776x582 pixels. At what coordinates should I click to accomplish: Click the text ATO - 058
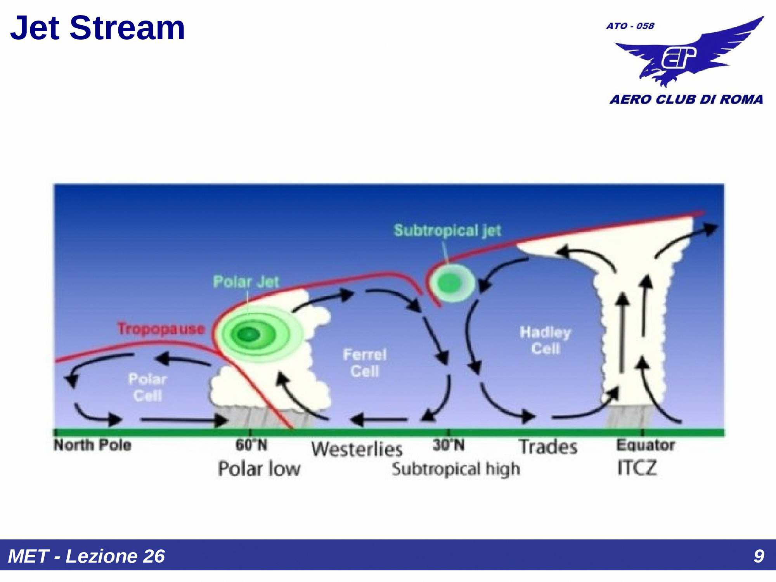coord(630,26)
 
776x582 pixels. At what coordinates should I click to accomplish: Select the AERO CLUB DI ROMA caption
coord(686,99)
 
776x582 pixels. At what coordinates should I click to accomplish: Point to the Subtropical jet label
coord(447,230)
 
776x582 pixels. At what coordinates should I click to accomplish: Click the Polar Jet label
coord(246,281)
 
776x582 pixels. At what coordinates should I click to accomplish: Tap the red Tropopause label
coord(161,329)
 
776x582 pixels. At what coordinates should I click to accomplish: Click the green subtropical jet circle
coord(452,283)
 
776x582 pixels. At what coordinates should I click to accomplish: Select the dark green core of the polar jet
coord(248,334)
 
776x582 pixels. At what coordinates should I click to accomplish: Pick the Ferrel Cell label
coord(365,363)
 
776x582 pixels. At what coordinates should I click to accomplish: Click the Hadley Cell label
coord(546,340)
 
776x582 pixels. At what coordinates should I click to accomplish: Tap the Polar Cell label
coord(147,387)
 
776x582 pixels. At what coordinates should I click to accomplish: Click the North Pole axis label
coord(92,445)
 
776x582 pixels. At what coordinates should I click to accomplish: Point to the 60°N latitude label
coord(251,445)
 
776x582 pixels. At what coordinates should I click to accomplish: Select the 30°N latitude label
coord(449,445)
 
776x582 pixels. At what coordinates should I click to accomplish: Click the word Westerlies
coord(357,449)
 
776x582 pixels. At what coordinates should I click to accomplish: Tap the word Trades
coord(548,447)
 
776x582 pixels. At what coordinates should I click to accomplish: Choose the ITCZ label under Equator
coord(637,468)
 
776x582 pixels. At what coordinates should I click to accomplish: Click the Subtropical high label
coord(456,469)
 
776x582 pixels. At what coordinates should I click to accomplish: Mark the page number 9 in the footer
coord(759,556)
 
